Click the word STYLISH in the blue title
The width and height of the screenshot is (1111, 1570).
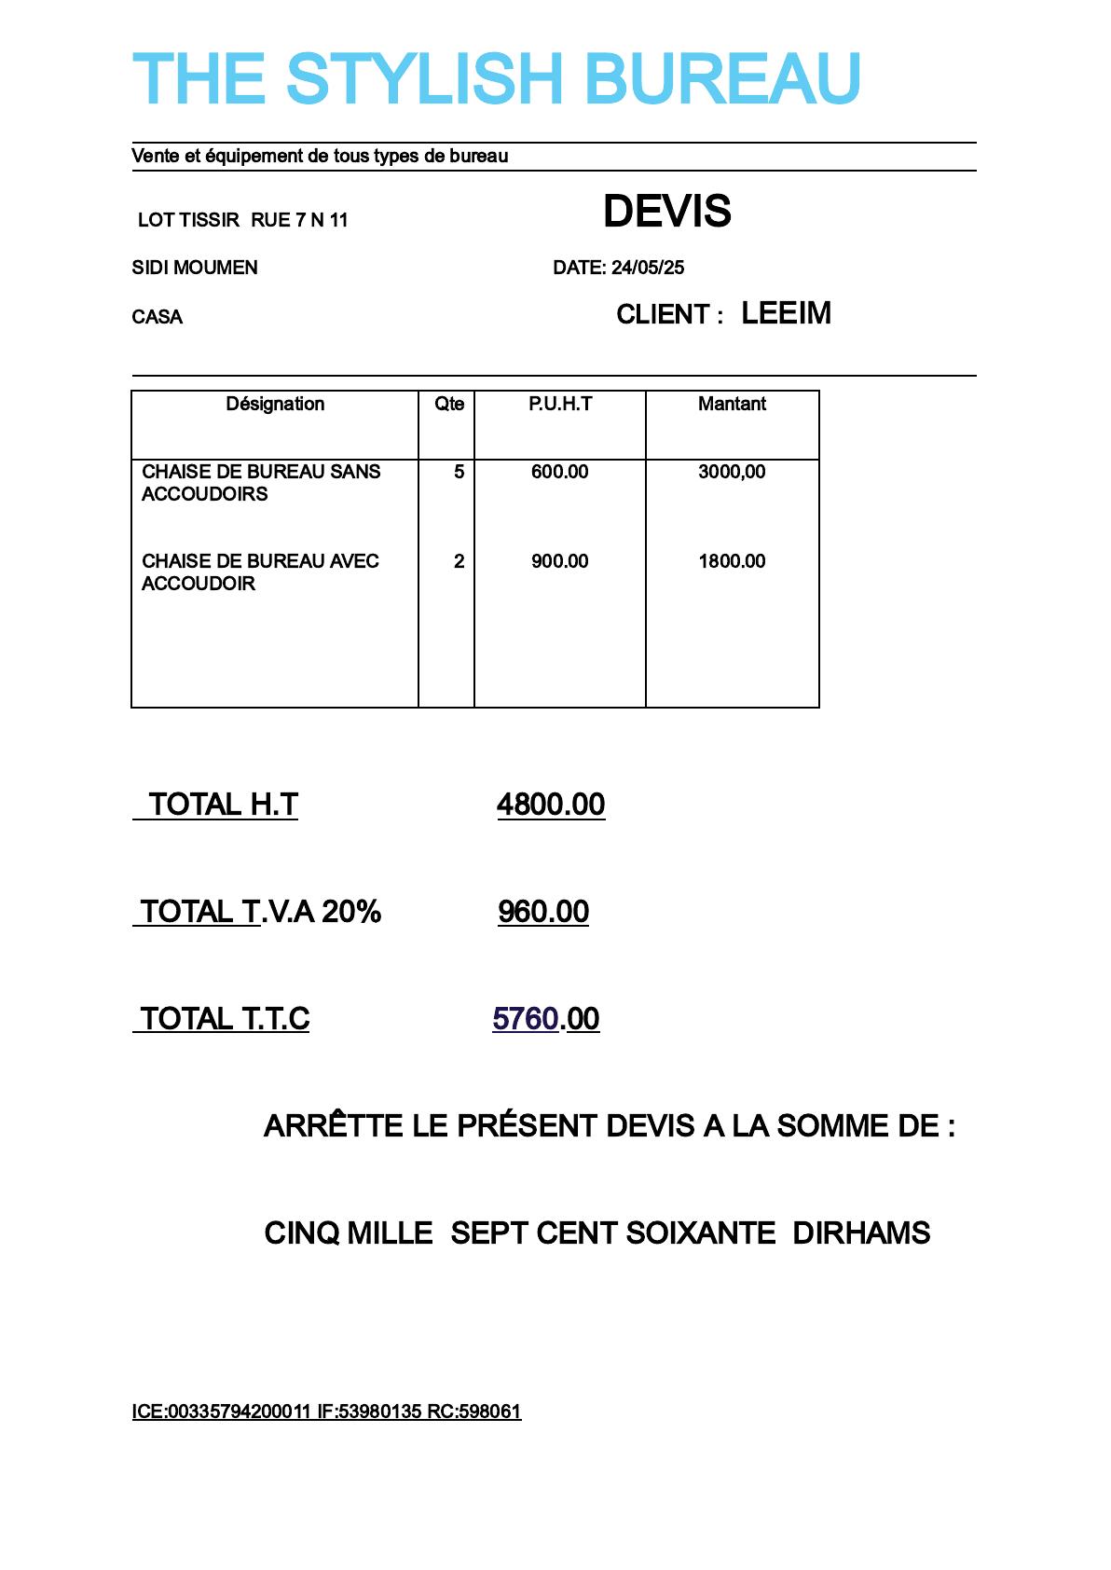pos(424,78)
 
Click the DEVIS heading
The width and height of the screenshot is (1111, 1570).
pos(666,212)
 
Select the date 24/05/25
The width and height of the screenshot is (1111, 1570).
pos(648,269)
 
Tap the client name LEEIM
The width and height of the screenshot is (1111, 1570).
pos(786,313)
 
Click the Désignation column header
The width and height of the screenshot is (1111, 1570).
pos(275,404)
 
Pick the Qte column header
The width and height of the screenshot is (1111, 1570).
pos(449,404)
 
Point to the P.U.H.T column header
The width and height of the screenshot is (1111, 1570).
pos(560,404)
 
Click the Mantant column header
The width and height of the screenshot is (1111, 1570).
pos(732,404)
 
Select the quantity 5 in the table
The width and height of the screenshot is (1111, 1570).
pos(459,472)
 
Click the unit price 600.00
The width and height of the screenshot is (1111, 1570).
pos(560,472)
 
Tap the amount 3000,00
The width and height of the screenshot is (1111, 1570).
pos(732,472)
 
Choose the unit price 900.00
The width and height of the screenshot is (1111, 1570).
pos(560,561)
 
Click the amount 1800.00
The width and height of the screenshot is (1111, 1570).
pos(732,561)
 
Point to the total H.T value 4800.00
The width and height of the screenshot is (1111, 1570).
pos(551,805)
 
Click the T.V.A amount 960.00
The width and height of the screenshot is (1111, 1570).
pos(543,912)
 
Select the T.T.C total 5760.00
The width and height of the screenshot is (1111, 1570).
pos(546,1019)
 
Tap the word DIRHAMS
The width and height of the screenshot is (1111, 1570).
pos(861,1233)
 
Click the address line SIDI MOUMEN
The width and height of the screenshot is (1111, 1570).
pos(195,269)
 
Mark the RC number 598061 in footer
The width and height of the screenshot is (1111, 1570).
pos(489,1412)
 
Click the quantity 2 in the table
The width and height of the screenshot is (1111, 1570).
pos(459,561)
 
